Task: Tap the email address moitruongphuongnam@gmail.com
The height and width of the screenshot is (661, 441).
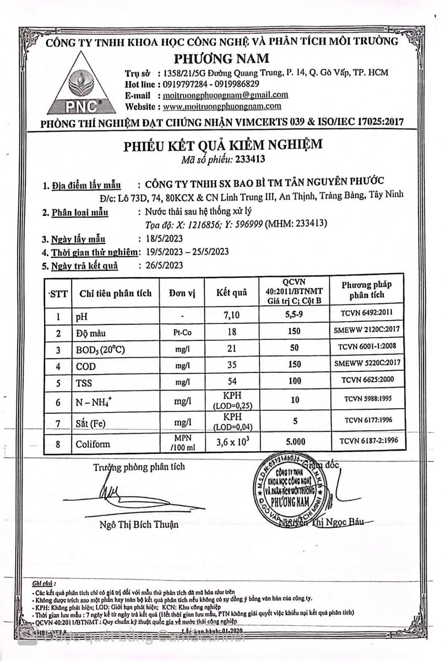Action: pos(226,95)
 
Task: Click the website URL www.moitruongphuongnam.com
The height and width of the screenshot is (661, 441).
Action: pos(222,106)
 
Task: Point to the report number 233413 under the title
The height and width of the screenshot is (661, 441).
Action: pos(251,160)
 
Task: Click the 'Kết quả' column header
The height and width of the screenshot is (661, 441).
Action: pos(231,293)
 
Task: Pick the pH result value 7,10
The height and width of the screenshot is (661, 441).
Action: pos(231,316)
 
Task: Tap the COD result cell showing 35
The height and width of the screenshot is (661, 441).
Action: pos(231,364)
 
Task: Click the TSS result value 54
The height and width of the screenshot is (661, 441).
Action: pos(231,381)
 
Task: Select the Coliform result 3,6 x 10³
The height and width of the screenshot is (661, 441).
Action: pos(232,443)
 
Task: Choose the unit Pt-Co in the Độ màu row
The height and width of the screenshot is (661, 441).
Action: pos(182,332)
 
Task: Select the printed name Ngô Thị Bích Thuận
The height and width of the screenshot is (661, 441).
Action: pos(139,524)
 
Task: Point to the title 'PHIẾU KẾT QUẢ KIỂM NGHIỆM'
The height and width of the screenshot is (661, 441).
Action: pos(222,145)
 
